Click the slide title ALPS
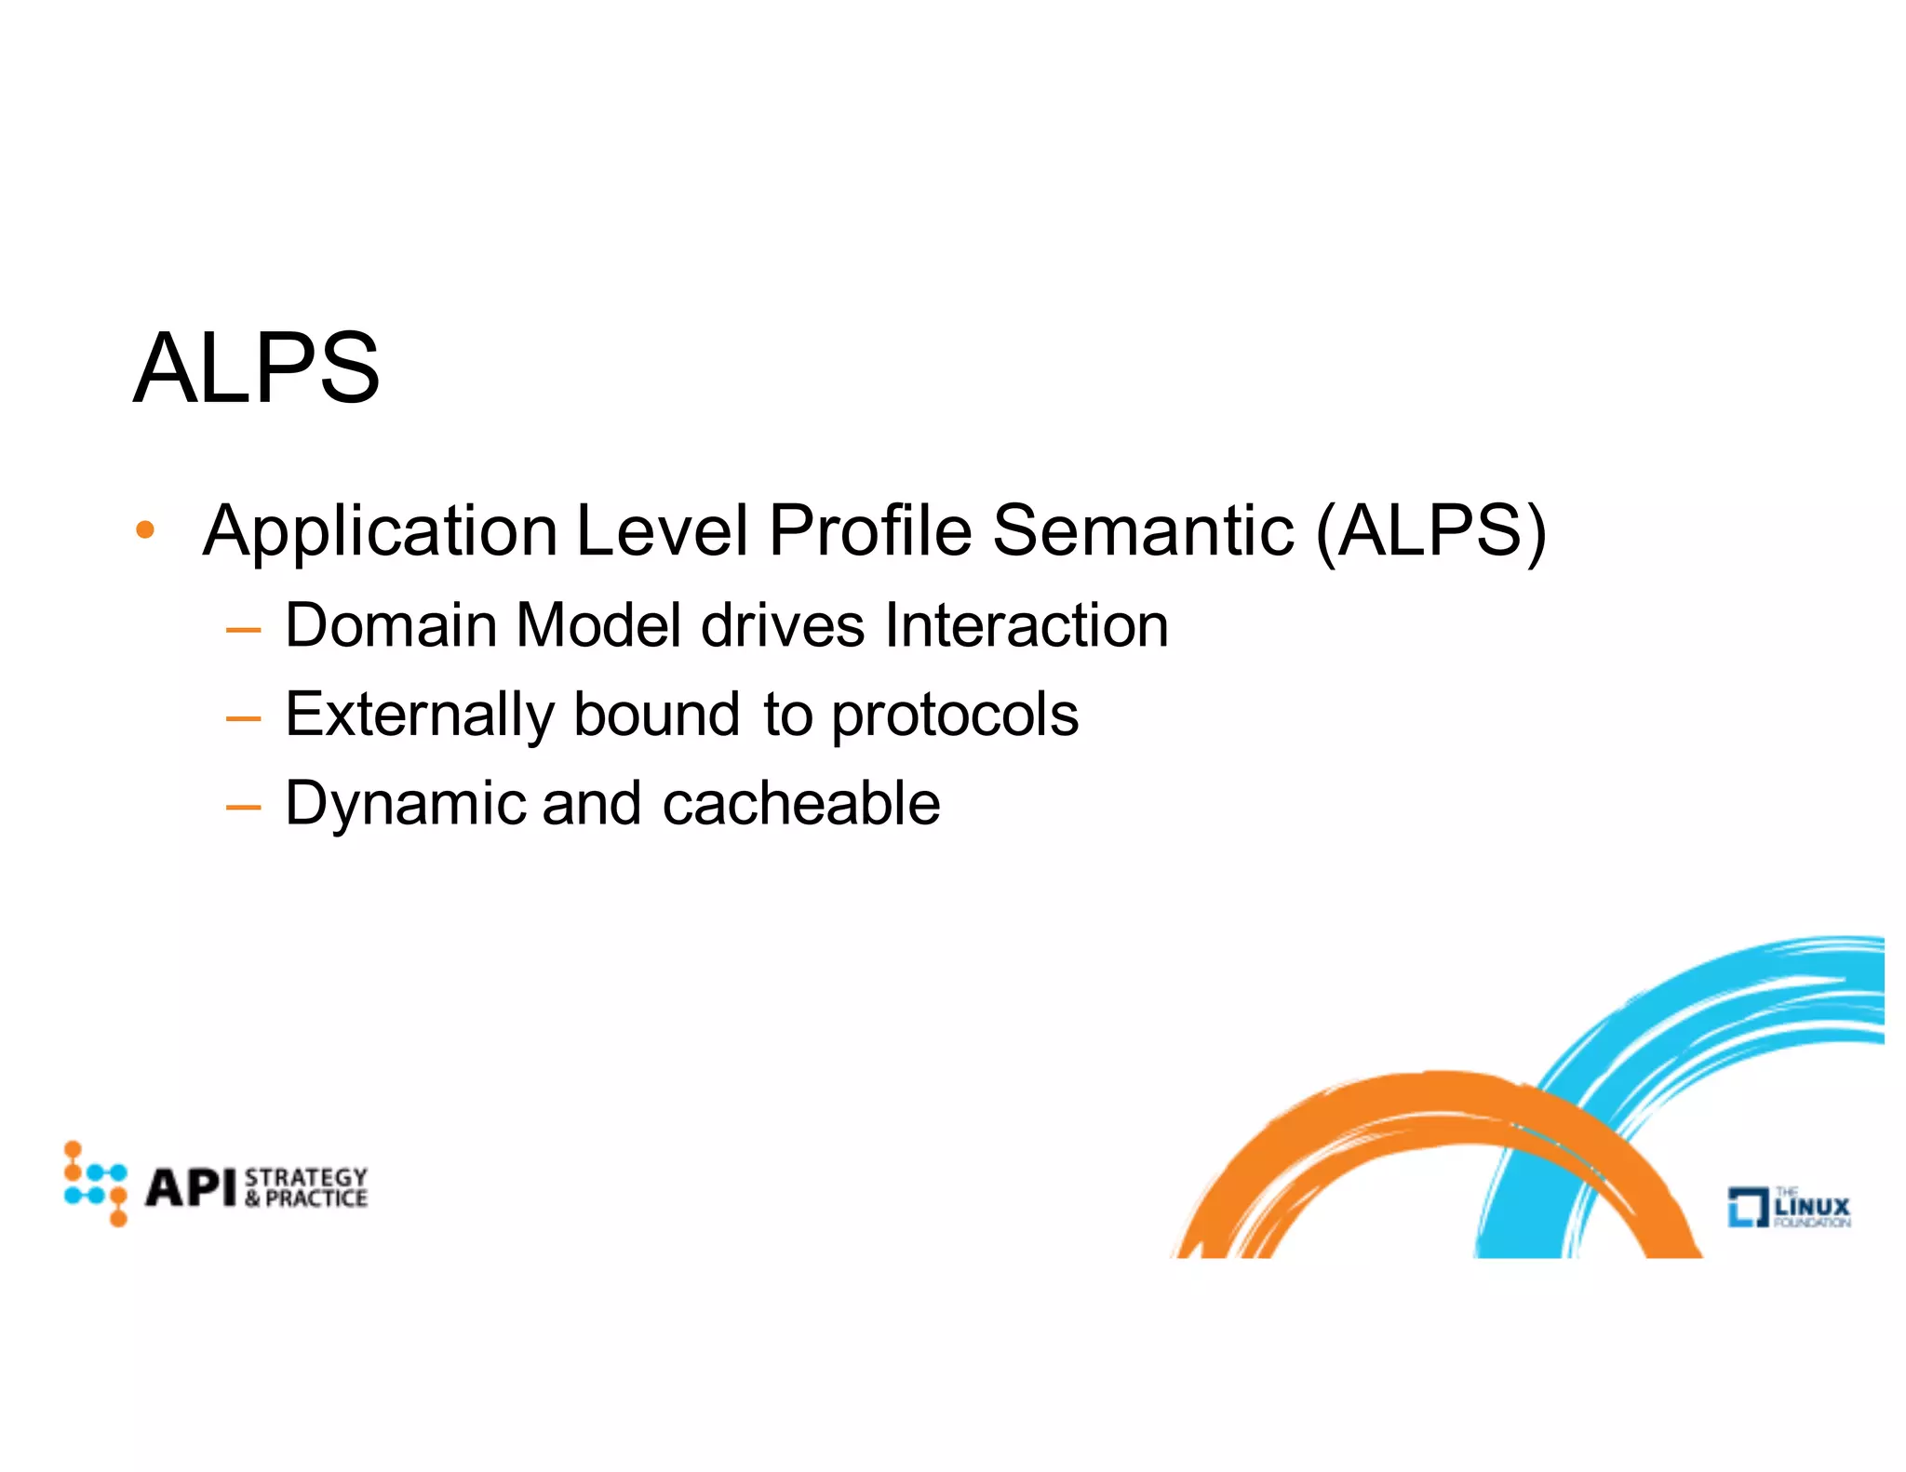click(257, 368)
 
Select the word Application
click(380, 532)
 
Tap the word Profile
click(869, 530)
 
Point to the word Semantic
click(1143, 530)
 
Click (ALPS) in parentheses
click(1430, 531)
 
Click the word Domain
click(391, 625)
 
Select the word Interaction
click(1027, 625)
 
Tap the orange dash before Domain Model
click(243, 631)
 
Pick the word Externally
click(419, 715)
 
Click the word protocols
click(955, 716)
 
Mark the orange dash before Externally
click(243, 719)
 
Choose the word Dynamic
click(405, 804)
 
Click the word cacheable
click(801, 804)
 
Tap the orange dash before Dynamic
click(243, 808)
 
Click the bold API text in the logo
click(191, 1187)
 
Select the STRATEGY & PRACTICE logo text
click(306, 1187)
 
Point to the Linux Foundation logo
click(1789, 1207)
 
